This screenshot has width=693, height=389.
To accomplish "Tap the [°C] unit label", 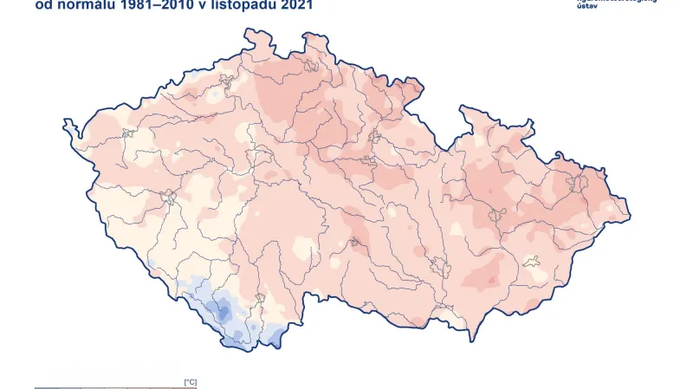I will [191, 381].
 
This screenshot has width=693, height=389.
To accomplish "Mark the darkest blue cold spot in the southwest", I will [224, 314].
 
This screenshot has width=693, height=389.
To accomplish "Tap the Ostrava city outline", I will [573, 183].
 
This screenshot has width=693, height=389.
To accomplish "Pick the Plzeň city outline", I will [168, 198].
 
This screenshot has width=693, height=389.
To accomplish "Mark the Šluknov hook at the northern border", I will [308, 37].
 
